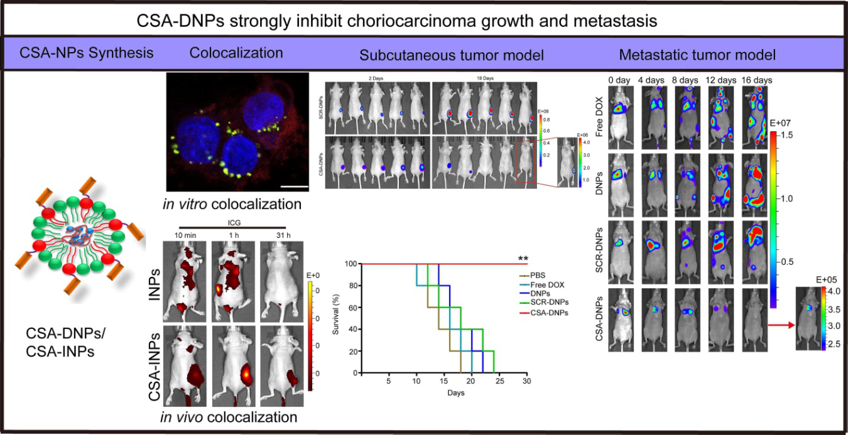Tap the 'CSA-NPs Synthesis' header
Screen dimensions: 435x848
tap(86, 53)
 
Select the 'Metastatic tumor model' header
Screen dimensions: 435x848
tap(697, 55)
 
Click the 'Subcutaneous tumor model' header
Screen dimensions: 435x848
tap(452, 55)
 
